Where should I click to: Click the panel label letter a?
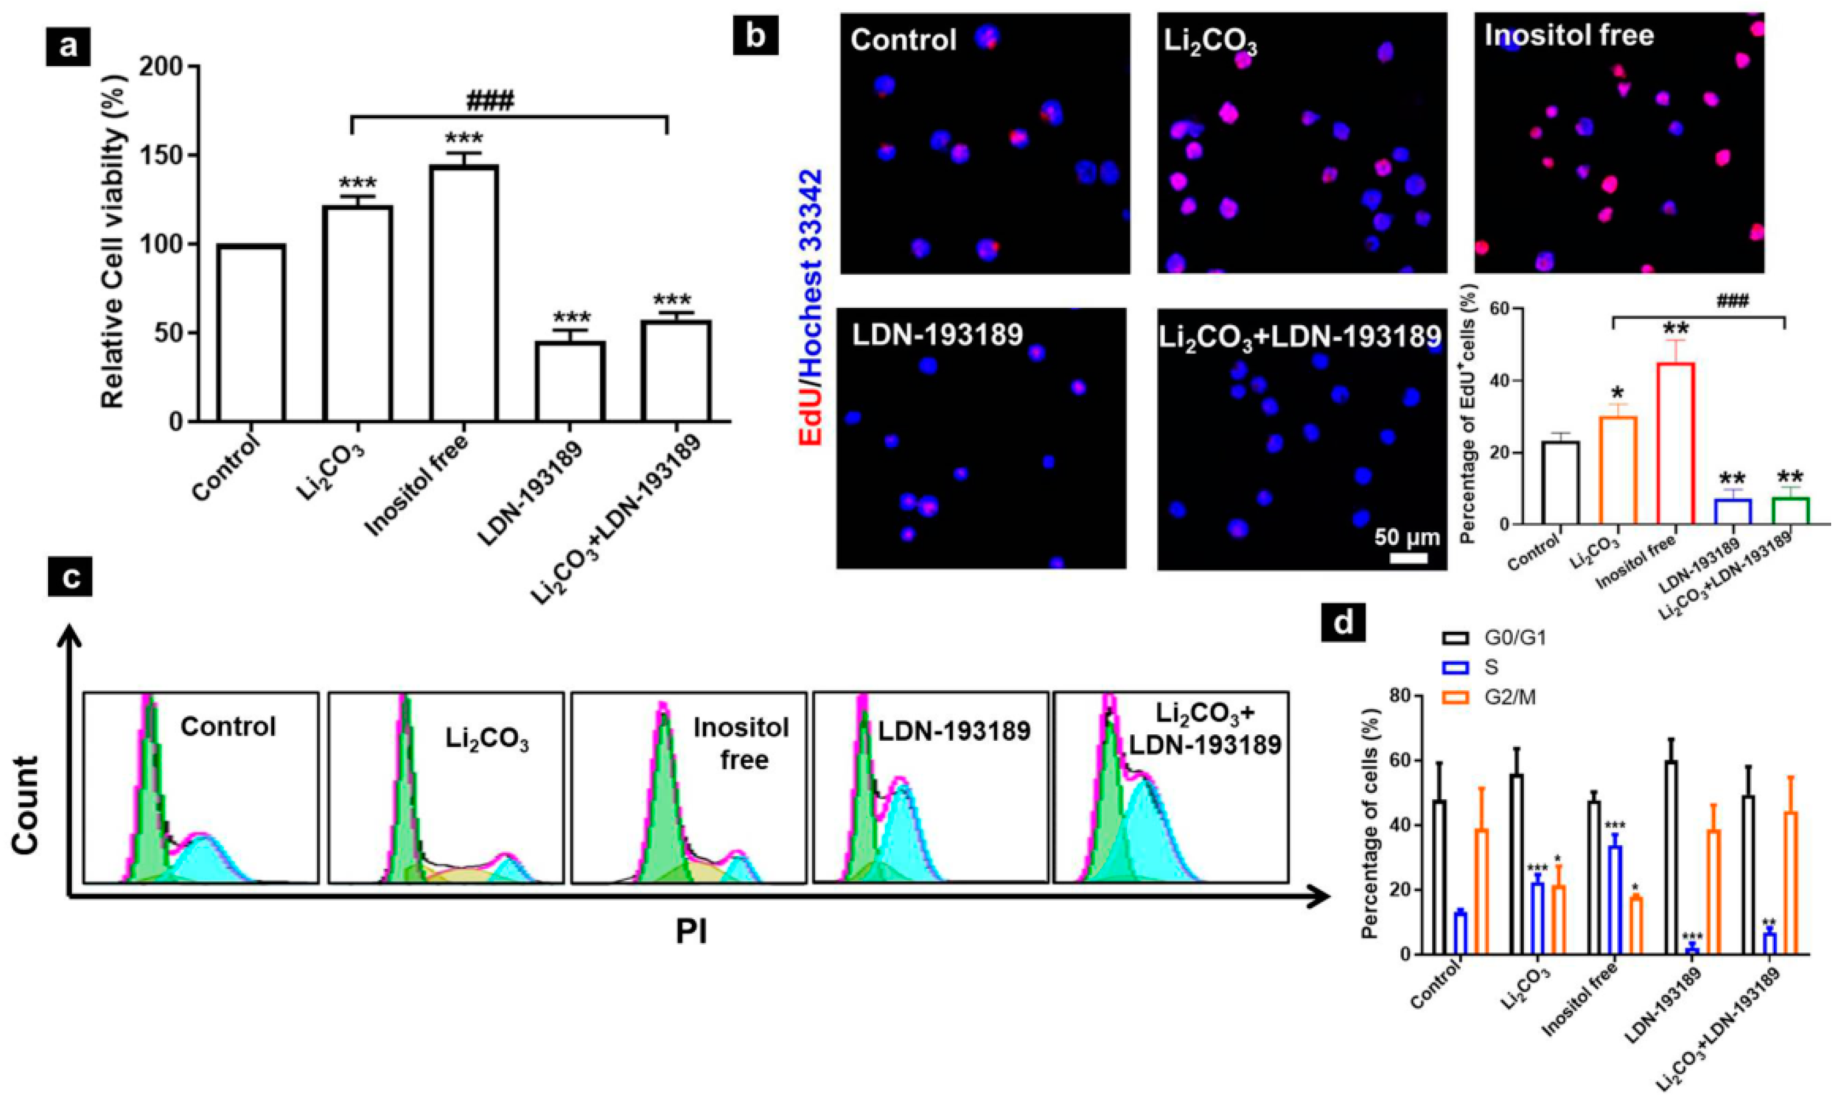coord(68,46)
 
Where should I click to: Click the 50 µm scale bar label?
coord(1407,537)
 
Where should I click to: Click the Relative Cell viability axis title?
coord(114,244)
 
